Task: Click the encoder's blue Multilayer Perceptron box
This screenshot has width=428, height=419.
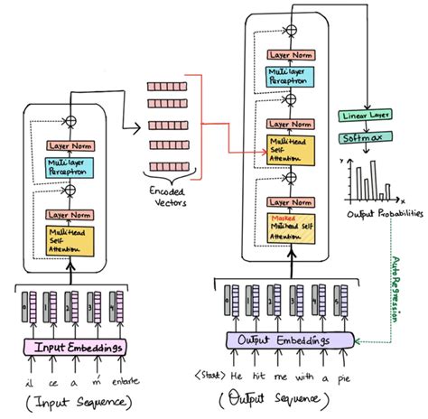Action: coord(71,165)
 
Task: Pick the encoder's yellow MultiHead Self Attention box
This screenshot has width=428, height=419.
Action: coord(71,241)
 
